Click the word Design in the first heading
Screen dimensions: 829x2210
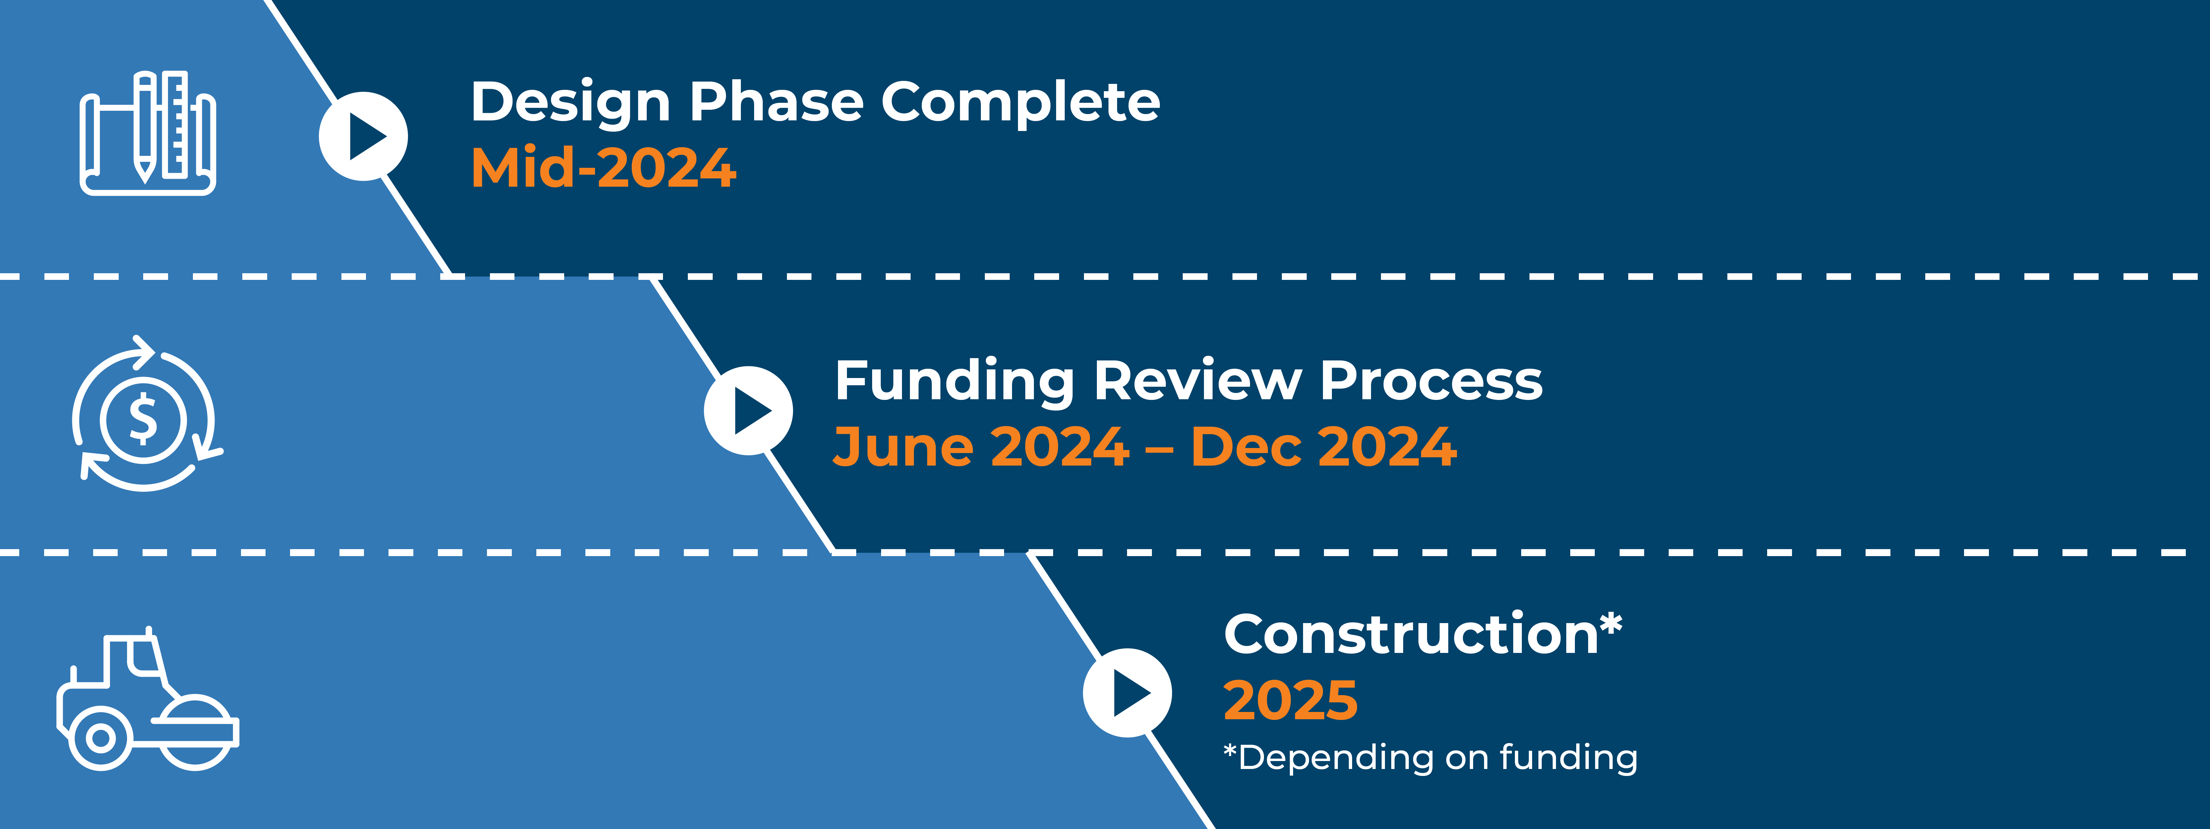pos(570,103)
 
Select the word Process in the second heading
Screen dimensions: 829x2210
pos(1431,381)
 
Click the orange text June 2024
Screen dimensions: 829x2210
pos(981,447)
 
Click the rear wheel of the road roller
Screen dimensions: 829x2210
pos(100,737)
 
